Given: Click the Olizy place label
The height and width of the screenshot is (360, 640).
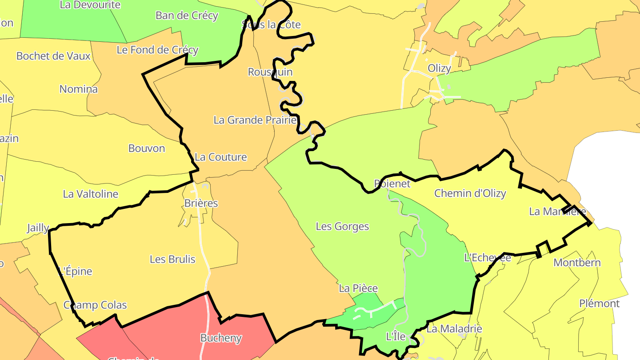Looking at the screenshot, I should pyautogui.click(x=439, y=68).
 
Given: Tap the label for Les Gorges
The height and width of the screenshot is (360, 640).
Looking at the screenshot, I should pyautogui.click(x=342, y=226).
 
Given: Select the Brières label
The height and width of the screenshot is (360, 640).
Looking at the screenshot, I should pyautogui.click(x=201, y=203).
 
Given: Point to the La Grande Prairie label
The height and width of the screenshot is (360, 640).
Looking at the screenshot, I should pyautogui.click(x=255, y=120).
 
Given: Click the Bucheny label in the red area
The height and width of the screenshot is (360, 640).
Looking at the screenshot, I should pyautogui.click(x=221, y=338).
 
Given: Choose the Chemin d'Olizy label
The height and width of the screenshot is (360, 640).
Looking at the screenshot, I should pyautogui.click(x=470, y=193).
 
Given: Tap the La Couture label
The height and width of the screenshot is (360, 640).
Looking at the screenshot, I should pyautogui.click(x=220, y=157).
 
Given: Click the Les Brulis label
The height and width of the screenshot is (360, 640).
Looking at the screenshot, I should pyautogui.click(x=172, y=259).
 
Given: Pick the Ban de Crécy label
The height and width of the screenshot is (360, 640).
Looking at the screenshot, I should pyautogui.click(x=187, y=16).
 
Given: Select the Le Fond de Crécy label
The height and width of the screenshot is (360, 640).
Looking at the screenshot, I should pyautogui.click(x=157, y=50).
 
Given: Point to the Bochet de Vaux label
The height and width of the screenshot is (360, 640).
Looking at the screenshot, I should pyautogui.click(x=53, y=56).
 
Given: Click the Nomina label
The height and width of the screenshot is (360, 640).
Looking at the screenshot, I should pyautogui.click(x=79, y=89).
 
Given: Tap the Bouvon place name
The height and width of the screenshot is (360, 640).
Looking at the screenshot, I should pyautogui.click(x=147, y=148).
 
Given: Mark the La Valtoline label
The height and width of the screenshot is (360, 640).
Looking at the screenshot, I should pyautogui.click(x=91, y=194).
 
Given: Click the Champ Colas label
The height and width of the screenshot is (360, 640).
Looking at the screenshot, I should pyautogui.click(x=95, y=305).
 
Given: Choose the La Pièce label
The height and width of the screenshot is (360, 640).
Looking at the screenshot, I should pyautogui.click(x=358, y=288).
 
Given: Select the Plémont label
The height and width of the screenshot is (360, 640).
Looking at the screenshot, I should pyautogui.click(x=599, y=304).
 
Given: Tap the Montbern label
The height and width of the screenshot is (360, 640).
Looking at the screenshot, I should pyautogui.click(x=577, y=263).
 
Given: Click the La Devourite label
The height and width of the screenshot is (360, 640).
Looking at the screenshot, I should pyautogui.click(x=90, y=5).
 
